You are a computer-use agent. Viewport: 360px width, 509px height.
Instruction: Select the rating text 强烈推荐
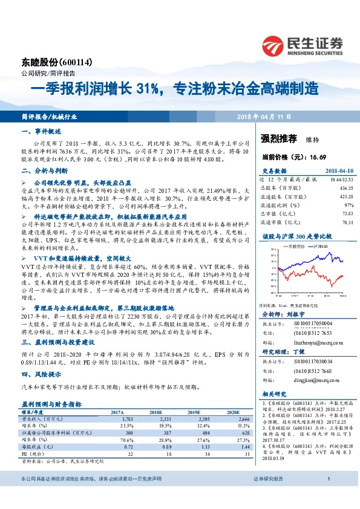[278, 138]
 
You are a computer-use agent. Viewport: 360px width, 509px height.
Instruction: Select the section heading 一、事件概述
[40, 131]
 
